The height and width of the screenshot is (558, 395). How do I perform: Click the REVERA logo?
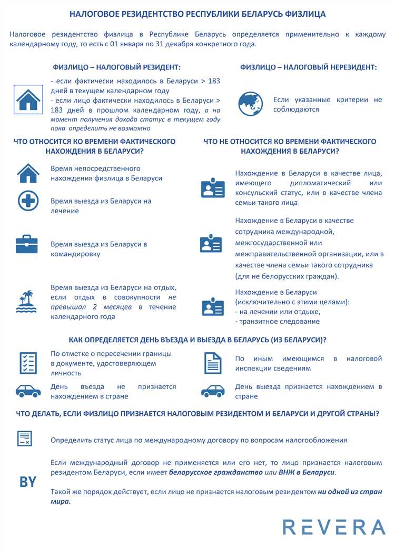[x=334, y=527]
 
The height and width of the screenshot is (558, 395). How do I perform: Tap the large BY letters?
[x=28, y=482]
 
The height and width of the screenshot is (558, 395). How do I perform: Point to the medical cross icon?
[x=27, y=201]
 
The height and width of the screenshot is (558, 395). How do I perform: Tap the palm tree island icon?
[x=26, y=302]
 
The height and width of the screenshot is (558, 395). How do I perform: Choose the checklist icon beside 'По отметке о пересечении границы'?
[x=28, y=363]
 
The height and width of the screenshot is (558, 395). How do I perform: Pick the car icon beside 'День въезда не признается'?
[x=28, y=391]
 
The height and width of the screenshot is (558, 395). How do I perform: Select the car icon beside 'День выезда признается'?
[x=213, y=391]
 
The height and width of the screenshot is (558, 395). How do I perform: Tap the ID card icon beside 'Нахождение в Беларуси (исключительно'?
[x=213, y=306]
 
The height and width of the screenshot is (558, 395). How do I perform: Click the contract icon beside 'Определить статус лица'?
[x=25, y=439]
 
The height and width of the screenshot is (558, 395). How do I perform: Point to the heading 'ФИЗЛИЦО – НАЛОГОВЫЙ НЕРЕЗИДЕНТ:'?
[x=309, y=67]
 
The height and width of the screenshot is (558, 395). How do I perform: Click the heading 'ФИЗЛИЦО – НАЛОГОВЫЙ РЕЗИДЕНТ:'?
[x=117, y=67]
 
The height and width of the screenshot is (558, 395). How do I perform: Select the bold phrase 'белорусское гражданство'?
[x=215, y=473]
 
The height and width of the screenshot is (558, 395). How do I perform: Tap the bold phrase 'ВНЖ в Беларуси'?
[x=307, y=473]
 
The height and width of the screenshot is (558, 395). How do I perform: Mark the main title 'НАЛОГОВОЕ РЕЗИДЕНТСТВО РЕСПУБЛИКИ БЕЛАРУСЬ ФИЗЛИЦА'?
[x=197, y=14]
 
